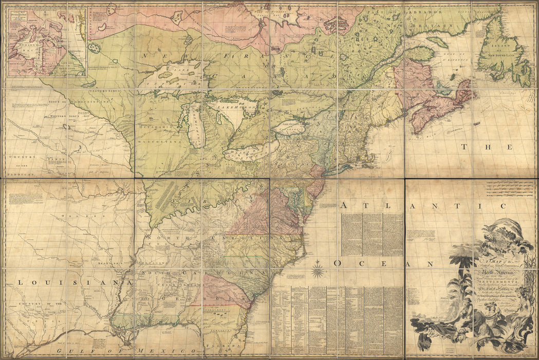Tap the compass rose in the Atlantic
[319, 269]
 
